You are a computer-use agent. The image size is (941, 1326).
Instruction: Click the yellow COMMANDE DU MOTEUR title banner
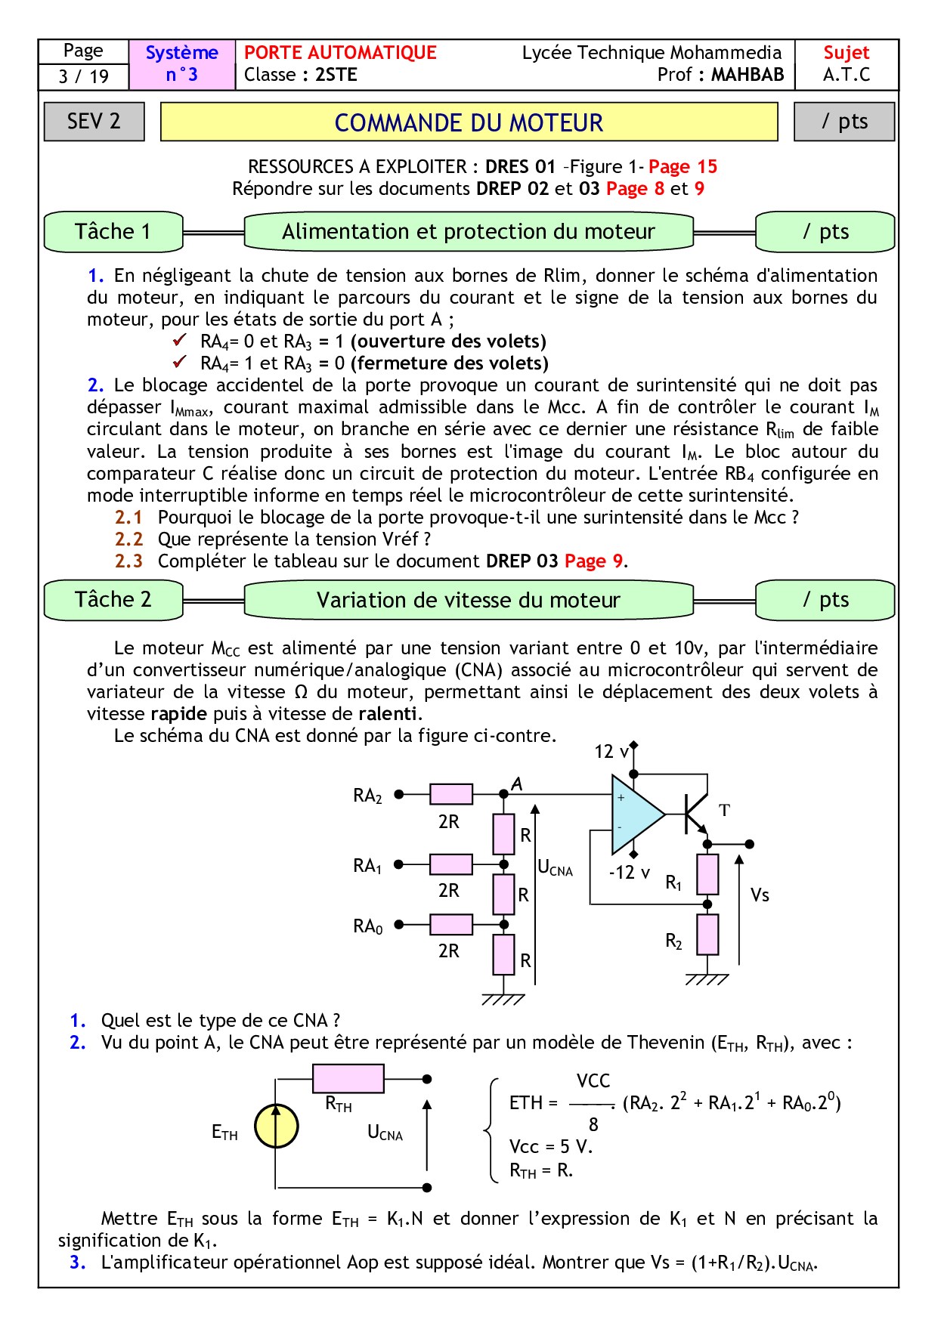(469, 122)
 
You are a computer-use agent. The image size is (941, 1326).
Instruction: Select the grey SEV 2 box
(94, 121)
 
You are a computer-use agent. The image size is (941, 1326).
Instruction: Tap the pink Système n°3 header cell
(181, 64)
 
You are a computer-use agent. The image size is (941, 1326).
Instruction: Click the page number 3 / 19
(83, 76)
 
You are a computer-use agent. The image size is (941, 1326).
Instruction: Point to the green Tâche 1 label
(113, 231)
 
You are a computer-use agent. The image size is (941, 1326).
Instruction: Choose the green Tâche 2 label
(113, 600)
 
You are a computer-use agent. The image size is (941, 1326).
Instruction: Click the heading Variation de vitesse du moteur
(468, 600)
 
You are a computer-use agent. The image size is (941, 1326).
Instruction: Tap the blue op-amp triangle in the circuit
(635, 814)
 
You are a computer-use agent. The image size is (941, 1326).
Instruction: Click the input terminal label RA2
(368, 796)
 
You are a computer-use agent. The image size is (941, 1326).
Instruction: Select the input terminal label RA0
(368, 926)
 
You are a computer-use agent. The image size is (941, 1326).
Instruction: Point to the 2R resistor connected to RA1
(450, 864)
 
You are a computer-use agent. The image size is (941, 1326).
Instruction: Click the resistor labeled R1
(707, 874)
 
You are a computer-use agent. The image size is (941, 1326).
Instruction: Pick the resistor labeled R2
(707, 935)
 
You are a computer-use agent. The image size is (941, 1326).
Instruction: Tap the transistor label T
(724, 811)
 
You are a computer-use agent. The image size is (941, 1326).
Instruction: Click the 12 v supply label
(611, 752)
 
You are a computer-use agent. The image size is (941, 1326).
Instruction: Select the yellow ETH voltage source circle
(276, 1127)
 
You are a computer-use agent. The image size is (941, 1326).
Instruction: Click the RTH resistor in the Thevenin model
(348, 1079)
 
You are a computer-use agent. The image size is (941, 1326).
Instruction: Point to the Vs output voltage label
(760, 895)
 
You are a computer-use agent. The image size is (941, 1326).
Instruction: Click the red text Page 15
(683, 166)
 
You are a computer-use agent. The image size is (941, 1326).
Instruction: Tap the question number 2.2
(128, 539)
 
